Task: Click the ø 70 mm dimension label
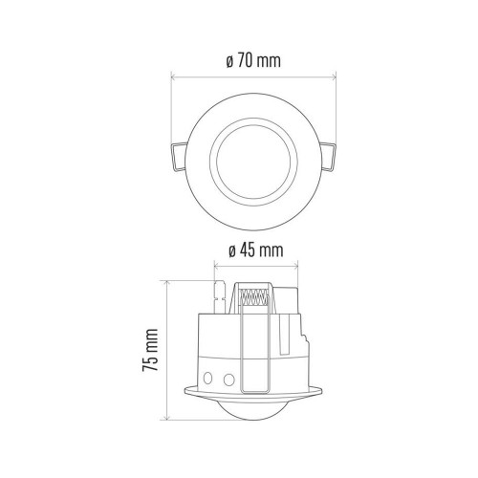(253, 61)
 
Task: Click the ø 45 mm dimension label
(256, 250)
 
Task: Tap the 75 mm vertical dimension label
(150, 350)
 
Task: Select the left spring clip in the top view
(179, 157)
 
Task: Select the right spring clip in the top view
(328, 157)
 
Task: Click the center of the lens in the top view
(253, 162)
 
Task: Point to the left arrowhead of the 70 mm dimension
(173, 76)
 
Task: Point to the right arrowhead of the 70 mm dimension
(334, 76)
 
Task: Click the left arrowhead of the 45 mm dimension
(216, 265)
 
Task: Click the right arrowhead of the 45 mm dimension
(295, 265)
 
